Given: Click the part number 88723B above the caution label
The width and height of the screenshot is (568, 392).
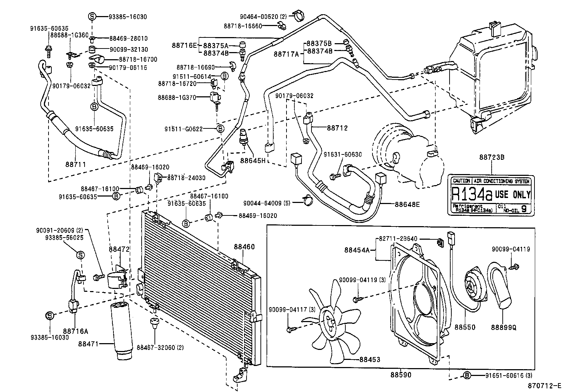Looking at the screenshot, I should [491, 157].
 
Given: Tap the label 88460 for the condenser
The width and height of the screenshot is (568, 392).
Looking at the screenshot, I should [244, 246].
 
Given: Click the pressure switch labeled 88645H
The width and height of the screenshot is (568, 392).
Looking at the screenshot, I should [243, 136].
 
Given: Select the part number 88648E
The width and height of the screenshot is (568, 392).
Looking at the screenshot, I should [407, 204].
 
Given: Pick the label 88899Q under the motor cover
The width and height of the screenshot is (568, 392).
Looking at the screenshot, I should [503, 327].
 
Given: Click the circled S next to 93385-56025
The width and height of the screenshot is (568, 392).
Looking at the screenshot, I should [81, 255].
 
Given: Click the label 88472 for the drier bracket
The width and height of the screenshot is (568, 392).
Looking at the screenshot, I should [119, 249].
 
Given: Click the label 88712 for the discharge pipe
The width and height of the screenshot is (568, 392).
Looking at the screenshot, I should [337, 128].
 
